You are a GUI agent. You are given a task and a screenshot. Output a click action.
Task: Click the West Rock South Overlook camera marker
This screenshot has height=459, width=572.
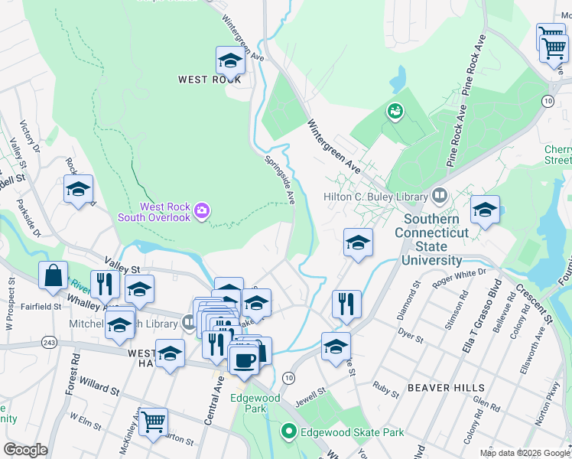202,210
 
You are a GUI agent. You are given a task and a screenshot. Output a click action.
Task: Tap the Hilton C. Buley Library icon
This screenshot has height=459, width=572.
439,197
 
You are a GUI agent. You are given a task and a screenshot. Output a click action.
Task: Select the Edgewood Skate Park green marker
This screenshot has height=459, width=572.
288,432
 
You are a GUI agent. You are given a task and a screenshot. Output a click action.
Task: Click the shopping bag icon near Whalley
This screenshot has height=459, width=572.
54,277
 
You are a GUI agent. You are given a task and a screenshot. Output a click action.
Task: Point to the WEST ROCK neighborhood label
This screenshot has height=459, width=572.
210,80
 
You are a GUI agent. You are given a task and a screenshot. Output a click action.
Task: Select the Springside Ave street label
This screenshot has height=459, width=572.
280,181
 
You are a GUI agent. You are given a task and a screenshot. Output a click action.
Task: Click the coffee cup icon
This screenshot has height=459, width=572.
245,360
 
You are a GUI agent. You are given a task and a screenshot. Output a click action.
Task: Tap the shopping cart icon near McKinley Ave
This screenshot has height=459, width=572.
154,420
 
